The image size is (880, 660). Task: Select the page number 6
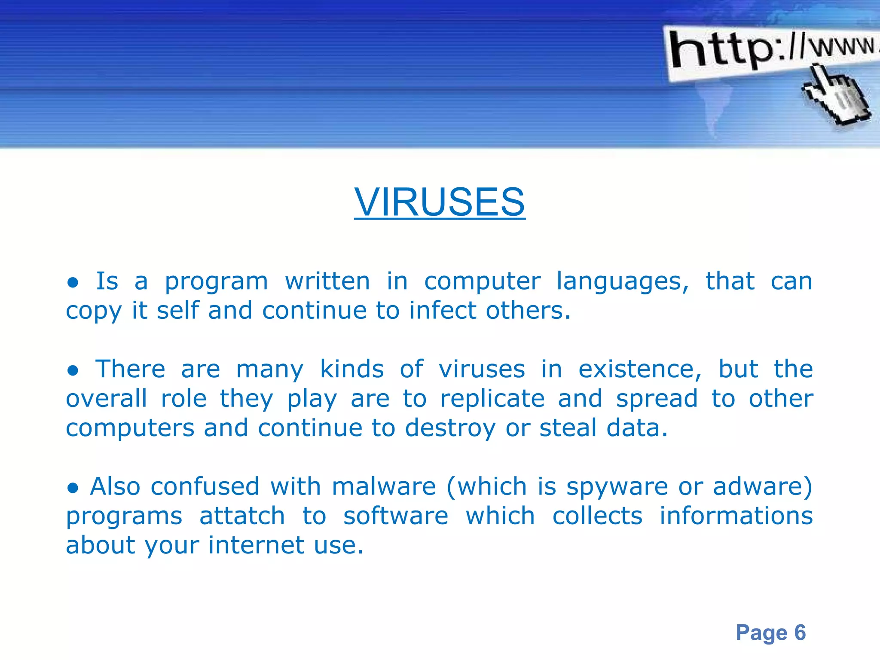(800, 632)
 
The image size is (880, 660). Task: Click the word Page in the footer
(761, 632)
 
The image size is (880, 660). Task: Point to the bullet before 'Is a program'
(73, 283)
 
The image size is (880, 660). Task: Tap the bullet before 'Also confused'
(73, 488)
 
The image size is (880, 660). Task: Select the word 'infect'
(442, 311)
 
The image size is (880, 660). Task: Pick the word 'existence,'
(640, 370)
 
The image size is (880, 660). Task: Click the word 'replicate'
(492, 399)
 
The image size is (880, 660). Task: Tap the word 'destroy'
(450, 429)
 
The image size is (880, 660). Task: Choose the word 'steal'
(568, 428)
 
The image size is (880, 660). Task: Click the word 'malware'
(384, 487)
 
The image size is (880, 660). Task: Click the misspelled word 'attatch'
(242, 516)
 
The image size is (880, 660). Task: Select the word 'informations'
(736, 516)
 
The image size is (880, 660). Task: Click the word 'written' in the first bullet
(327, 282)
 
